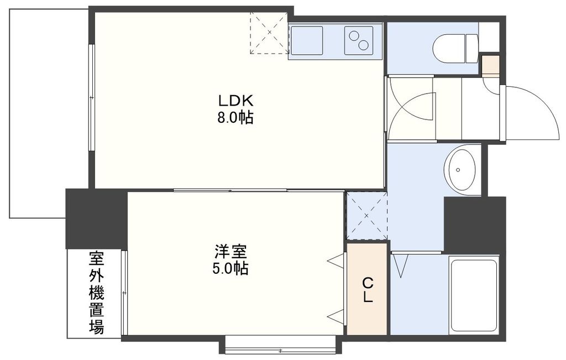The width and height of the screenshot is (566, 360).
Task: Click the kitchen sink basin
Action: [306, 40]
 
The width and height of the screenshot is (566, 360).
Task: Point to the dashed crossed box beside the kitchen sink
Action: [269, 33]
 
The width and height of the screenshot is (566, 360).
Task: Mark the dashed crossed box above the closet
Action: [366, 216]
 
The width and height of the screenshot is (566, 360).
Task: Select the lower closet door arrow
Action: [334, 316]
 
